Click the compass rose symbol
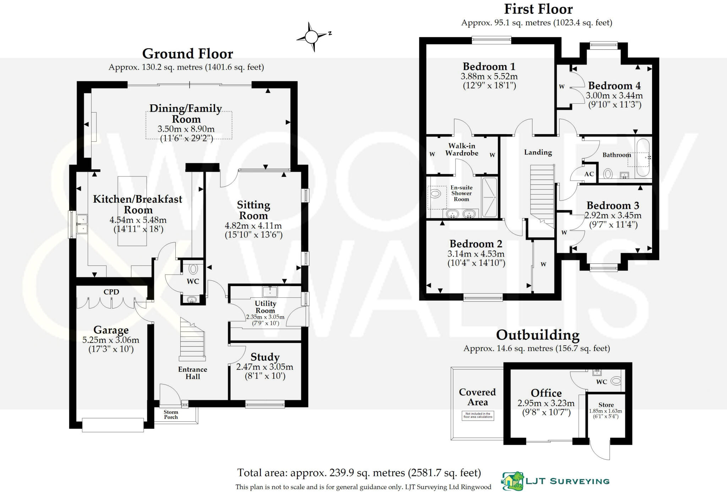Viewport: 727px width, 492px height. pos(312,37)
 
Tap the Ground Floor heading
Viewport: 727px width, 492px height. pos(187,54)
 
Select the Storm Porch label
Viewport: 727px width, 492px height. pos(171,415)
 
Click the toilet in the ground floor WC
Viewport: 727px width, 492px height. pos(193,269)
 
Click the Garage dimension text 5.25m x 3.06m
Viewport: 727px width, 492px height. pos(111,340)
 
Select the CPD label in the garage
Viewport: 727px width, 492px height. pos(111,292)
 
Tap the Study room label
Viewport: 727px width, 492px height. pos(265,357)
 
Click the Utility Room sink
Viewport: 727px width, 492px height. pos(270,291)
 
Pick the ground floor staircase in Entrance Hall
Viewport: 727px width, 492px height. pos(192,339)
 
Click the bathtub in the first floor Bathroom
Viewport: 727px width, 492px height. pos(643,158)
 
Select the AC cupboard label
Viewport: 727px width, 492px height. pos(589,174)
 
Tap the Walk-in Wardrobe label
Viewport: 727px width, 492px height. pos(461,149)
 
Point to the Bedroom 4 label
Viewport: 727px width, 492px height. pos(614,86)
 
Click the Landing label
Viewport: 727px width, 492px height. pos(538,152)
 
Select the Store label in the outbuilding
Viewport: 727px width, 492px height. pos(606,405)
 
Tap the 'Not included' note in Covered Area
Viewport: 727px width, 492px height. pos(478,415)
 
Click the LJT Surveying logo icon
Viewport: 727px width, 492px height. pos(512,481)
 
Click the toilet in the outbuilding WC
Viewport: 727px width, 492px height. pos(616,381)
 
